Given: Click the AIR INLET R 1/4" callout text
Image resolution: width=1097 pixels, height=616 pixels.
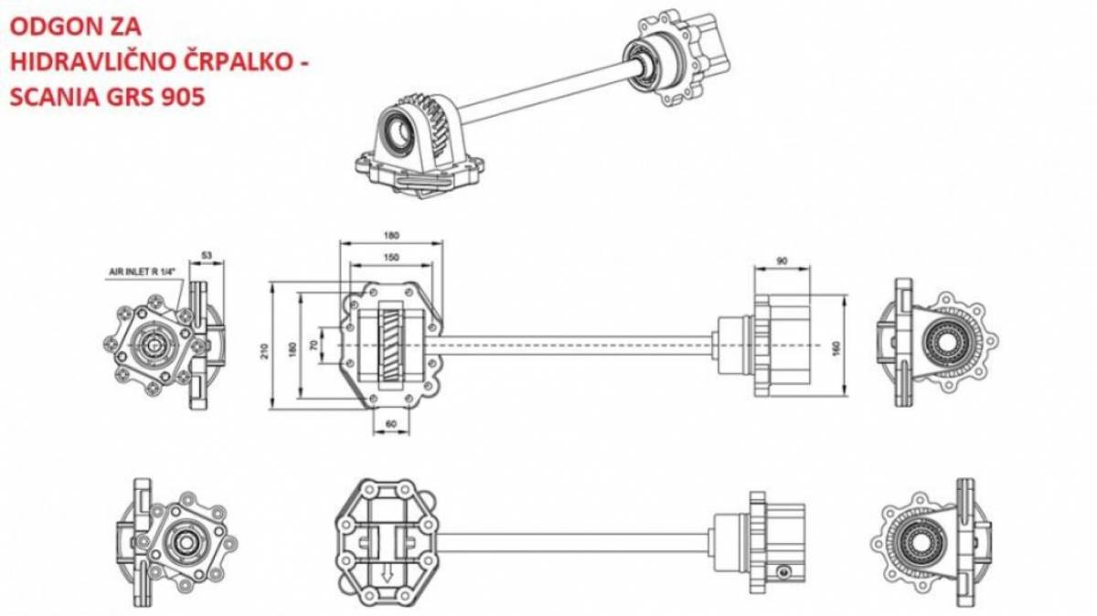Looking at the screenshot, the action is coord(142,271).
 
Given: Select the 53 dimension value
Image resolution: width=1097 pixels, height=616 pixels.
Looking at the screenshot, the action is coord(208,256).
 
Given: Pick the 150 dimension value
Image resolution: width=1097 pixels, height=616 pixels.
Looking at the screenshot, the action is coord(391,258).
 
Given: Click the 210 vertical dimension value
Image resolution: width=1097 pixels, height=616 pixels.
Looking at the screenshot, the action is coord(265,351).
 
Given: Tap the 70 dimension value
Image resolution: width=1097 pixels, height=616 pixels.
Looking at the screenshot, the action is coord(314,345).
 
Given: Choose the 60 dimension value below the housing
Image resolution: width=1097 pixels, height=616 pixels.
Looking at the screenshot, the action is coord(391,424).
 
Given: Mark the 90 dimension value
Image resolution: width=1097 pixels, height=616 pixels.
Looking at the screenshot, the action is coord(783,261).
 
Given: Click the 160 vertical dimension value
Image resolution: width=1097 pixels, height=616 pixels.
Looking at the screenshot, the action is coord(836,348).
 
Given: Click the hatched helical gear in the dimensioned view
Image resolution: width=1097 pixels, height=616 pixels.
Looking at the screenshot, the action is coord(391,345).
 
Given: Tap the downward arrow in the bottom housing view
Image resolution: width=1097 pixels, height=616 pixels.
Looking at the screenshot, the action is coord(388,574).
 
